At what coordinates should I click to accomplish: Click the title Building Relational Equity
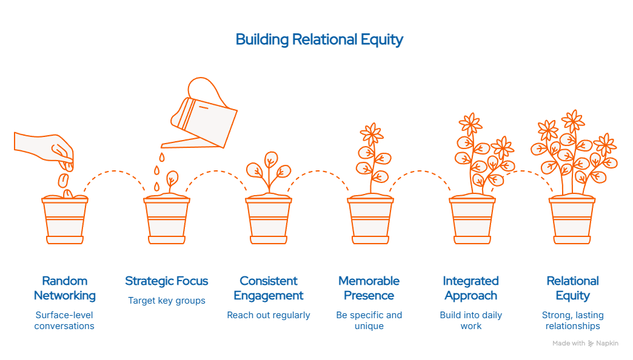(x=319, y=40)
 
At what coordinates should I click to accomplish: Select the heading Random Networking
(x=64, y=288)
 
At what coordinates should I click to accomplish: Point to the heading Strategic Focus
(x=166, y=281)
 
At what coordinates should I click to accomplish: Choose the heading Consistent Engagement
(x=268, y=288)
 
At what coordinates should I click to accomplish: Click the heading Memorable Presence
(x=369, y=288)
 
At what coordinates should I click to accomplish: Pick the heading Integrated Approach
(x=471, y=288)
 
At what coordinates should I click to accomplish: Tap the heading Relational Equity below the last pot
(x=572, y=288)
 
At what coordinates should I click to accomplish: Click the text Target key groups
(x=166, y=301)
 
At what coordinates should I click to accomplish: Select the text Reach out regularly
(x=268, y=315)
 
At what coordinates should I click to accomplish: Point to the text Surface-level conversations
(x=64, y=321)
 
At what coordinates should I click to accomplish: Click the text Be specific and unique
(x=369, y=321)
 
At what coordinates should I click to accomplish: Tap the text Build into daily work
(x=471, y=321)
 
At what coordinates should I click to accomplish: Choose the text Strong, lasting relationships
(x=572, y=321)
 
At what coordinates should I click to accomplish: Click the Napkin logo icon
(x=591, y=344)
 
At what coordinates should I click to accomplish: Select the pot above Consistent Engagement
(x=268, y=219)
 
